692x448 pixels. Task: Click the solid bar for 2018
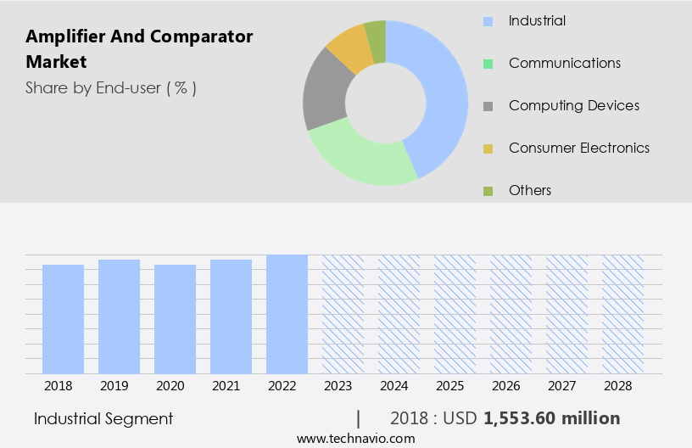click(63, 319)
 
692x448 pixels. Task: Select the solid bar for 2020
click(175, 319)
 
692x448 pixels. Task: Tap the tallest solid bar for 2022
click(287, 314)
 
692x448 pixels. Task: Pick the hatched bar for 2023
click(343, 314)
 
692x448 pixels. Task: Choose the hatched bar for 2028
click(622, 314)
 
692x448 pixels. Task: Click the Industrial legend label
click(537, 20)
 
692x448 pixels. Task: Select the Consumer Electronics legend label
click(578, 148)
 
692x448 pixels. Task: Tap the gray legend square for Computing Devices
click(488, 106)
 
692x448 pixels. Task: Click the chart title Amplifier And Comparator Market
click(139, 49)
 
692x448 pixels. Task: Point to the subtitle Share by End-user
click(110, 87)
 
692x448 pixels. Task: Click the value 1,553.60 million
click(551, 418)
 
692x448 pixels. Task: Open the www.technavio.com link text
click(355, 439)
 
